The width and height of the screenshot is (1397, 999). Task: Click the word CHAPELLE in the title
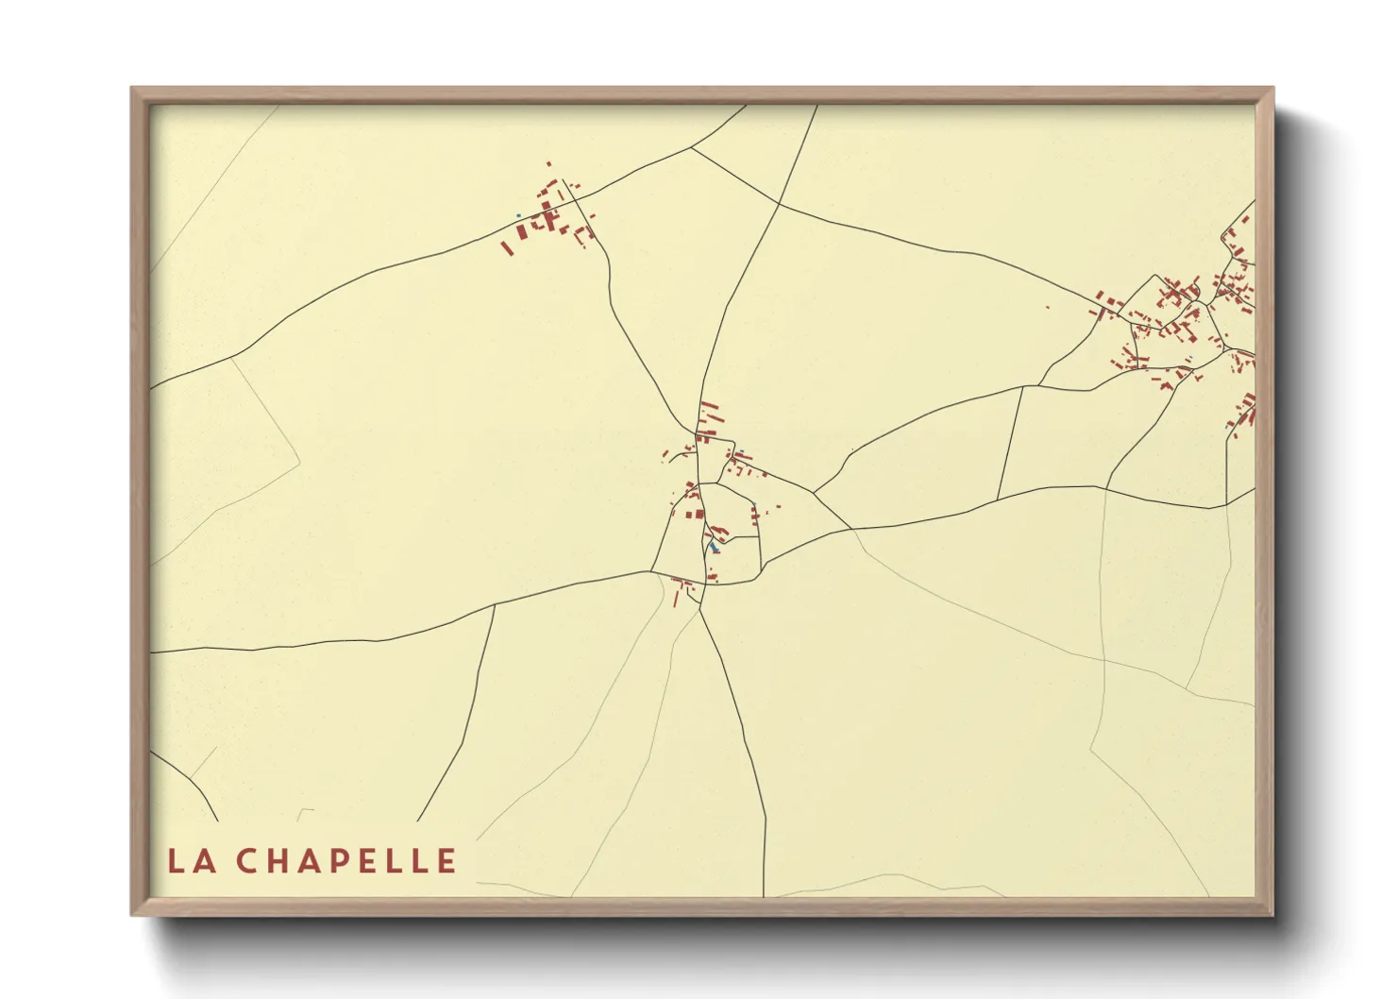click(345, 860)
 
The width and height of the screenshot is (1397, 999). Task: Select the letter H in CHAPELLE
click(280, 860)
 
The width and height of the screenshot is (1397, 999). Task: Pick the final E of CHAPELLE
click(446, 860)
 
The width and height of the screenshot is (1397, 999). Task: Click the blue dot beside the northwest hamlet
click(518, 215)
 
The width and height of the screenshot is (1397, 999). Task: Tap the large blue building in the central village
click(714, 546)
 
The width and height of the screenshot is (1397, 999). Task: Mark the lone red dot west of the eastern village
click(1047, 307)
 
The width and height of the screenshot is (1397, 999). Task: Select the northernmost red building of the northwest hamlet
click(548, 164)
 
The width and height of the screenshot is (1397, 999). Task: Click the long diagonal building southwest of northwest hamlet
click(506, 248)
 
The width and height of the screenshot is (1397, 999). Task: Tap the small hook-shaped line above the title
click(305, 812)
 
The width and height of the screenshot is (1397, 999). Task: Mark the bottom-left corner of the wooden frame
click(132, 914)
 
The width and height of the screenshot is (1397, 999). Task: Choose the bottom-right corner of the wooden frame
click(1273, 914)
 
